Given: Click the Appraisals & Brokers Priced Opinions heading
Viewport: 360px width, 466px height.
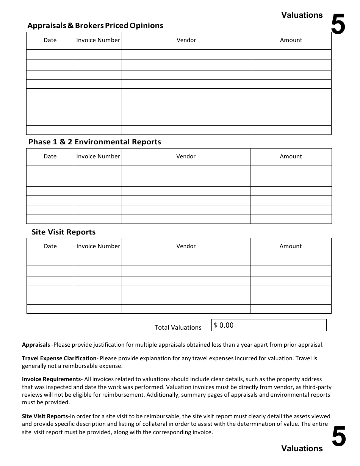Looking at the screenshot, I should pyautogui.click(x=95, y=26).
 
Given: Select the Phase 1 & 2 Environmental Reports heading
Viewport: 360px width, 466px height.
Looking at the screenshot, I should pyautogui.click(x=95, y=142).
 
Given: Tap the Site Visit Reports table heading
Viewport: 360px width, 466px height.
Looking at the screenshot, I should pyautogui.click(x=63, y=232).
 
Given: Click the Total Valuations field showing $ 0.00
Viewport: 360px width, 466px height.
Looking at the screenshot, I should pyautogui.click(x=268, y=325).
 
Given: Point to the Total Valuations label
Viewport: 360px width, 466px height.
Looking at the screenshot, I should pyautogui.click(x=178, y=327).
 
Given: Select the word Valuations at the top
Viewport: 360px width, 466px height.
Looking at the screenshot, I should pyautogui.click(x=302, y=15).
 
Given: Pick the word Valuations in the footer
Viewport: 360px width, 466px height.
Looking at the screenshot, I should pyautogui.click(x=302, y=449).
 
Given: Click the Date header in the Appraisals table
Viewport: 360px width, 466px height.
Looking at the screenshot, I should pyautogui.click(x=50, y=40).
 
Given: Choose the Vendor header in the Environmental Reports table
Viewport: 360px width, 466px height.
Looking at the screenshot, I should pyautogui.click(x=186, y=156).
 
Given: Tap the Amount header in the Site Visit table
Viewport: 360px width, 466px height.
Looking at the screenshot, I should pyautogui.click(x=290, y=246).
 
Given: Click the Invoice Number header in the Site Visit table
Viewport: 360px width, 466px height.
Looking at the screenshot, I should pyautogui.click(x=98, y=246).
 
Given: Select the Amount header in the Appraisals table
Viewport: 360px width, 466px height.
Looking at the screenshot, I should pyautogui.click(x=291, y=40).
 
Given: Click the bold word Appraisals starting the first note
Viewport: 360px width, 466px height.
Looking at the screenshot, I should pyautogui.click(x=36, y=345).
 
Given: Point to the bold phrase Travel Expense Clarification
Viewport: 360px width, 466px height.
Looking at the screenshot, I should pyautogui.click(x=59, y=358).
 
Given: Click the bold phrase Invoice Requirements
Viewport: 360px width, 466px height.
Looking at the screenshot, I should pyautogui.click(x=51, y=379).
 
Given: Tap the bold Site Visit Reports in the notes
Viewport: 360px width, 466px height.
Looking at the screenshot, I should pyautogui.click(x=45, y=416).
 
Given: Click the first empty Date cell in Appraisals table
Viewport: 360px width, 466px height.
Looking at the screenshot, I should pyautogui.click(x=50, y=54).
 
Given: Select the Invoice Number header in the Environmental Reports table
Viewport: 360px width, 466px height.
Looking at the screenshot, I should pyautogui.click(x=98, y=156).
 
